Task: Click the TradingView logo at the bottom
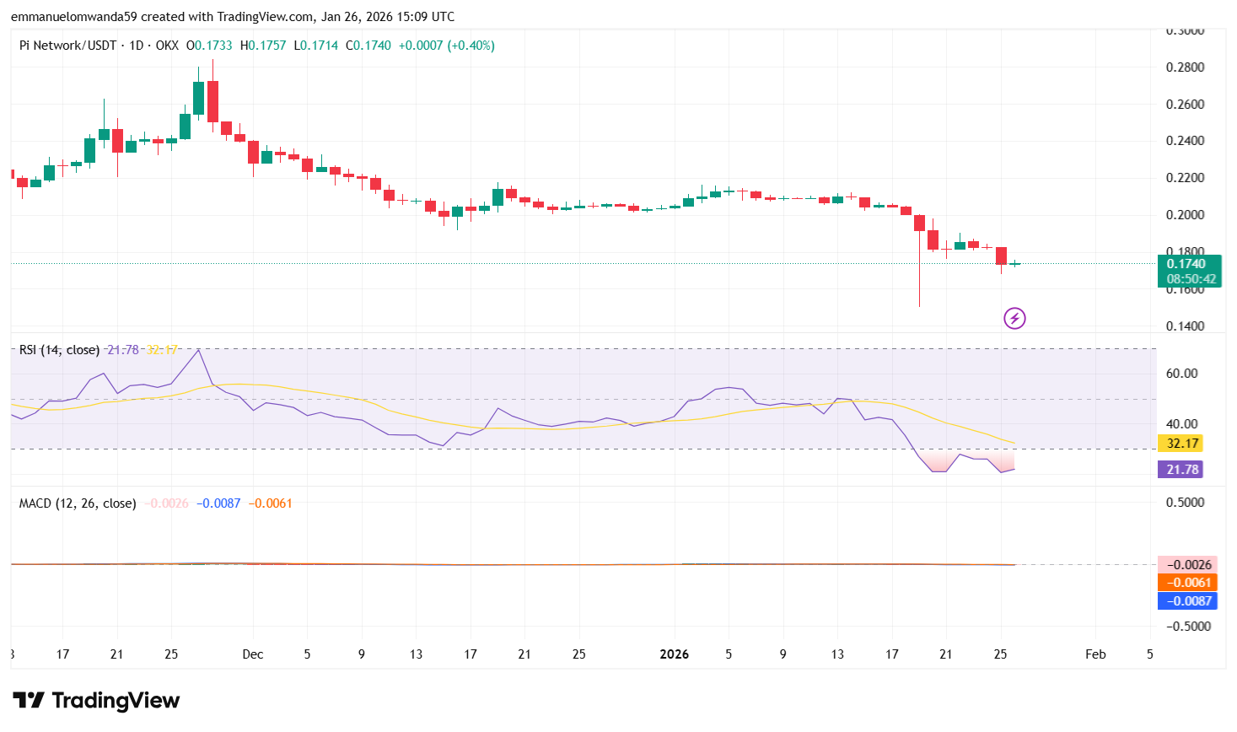(96, 701)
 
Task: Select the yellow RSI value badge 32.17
(1181, 444)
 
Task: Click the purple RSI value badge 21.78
(1181, 470)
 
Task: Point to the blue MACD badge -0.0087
(1187, 601)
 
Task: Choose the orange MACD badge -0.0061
(1187, 583)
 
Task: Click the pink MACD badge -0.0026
(1187, 565)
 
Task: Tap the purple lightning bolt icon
(1014, 319)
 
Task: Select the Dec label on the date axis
(252, 654)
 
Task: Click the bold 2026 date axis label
(675, 654)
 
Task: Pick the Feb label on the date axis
(1095, 654)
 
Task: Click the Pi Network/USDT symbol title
(67, 46)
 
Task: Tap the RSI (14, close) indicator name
(59, 350)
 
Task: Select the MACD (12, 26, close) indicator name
(78, 503)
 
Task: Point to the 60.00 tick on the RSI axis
(1181, 374)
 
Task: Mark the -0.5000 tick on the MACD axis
(1188, 627)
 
